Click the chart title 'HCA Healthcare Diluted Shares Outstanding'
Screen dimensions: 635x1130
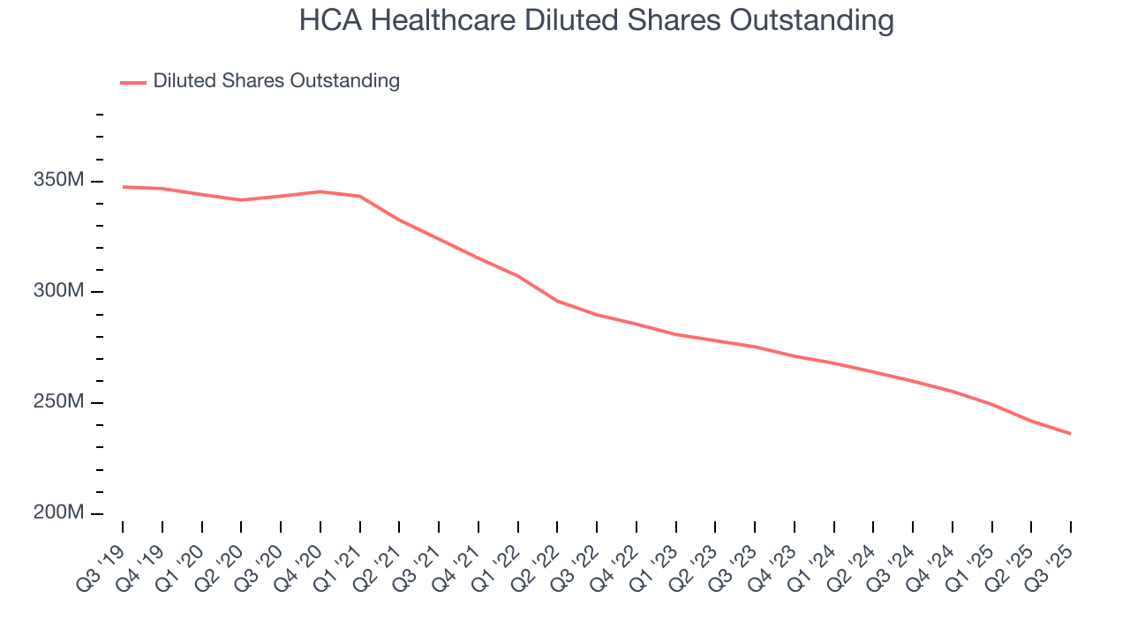[x=596, y=20]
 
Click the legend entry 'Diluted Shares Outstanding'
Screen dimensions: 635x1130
[x=276, y=81]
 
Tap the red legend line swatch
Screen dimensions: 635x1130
[x=133, y=82]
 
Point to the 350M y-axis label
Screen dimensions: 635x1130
[x=59, y=181]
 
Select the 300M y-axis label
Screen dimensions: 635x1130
[x=59, y=291]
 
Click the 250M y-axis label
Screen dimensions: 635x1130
[x=59, y=402]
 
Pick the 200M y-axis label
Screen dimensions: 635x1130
[x=59, y=512]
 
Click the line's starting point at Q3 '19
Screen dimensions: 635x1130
[x=123, y=187]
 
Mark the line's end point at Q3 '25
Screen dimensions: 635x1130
[x=1071, y=433]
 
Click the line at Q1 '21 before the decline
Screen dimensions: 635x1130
[x=359, y=196]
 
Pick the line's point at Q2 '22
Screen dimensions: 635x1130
[x=557, y=301]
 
